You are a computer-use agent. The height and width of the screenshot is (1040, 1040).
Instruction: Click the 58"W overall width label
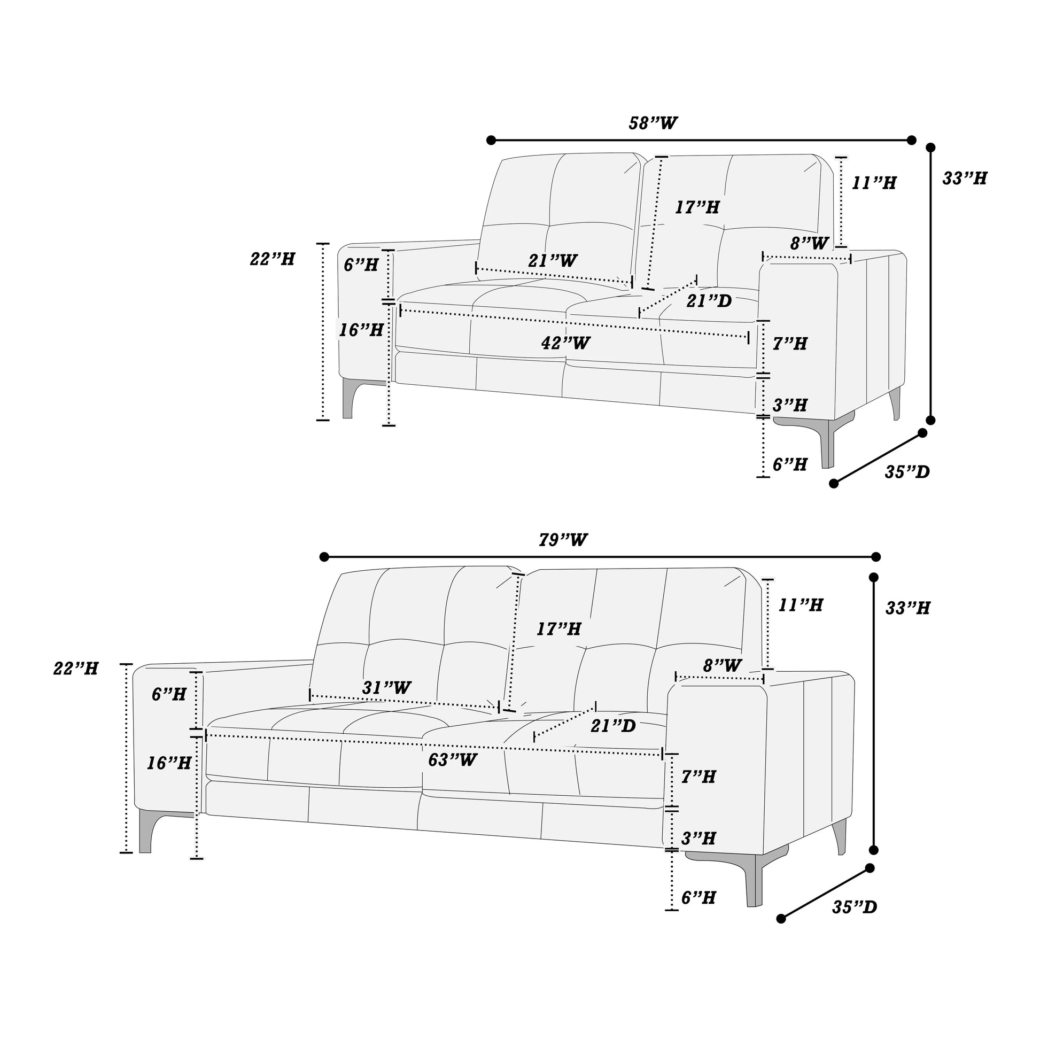click(x=653, y=123)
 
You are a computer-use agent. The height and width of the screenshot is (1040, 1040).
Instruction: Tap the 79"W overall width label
click(x=563, y=540)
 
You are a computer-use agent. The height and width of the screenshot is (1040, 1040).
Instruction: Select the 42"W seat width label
click(x=566, y=343)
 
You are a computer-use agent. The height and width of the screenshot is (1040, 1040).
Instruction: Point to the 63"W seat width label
click(x=453, y=759)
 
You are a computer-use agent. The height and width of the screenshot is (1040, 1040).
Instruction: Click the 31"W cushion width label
click(x=386, y=687)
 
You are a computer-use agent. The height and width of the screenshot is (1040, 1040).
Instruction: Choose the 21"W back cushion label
click(x=552, y=261)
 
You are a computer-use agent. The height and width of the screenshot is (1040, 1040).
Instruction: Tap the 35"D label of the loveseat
click(x=907, y=471)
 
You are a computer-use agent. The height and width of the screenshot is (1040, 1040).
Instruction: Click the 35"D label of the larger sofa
click(x=855, y=907)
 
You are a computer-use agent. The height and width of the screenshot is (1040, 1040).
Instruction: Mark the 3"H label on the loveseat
click(x=790, y=405)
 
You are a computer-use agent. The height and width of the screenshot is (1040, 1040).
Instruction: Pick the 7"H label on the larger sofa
click(x=698, y=776)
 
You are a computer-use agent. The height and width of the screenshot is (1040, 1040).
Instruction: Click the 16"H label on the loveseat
click(x=361, y=330)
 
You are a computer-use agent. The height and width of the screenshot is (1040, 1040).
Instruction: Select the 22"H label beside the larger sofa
click(x=76, y=669)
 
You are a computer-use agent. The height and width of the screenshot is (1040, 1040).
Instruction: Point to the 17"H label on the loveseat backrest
click(x=697, y=207)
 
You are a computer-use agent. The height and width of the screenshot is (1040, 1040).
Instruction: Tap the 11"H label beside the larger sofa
click(x=801, y=605)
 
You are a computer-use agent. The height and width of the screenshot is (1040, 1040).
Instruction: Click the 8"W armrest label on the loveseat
click(x=809, y=243)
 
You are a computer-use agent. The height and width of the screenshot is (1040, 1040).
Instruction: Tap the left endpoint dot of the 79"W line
click(x=324, y=556)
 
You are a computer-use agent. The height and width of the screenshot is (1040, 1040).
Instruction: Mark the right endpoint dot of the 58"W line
click(x=911, y=140)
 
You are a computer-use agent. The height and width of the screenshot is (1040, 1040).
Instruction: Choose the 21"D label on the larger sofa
click(x=613, y=726)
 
